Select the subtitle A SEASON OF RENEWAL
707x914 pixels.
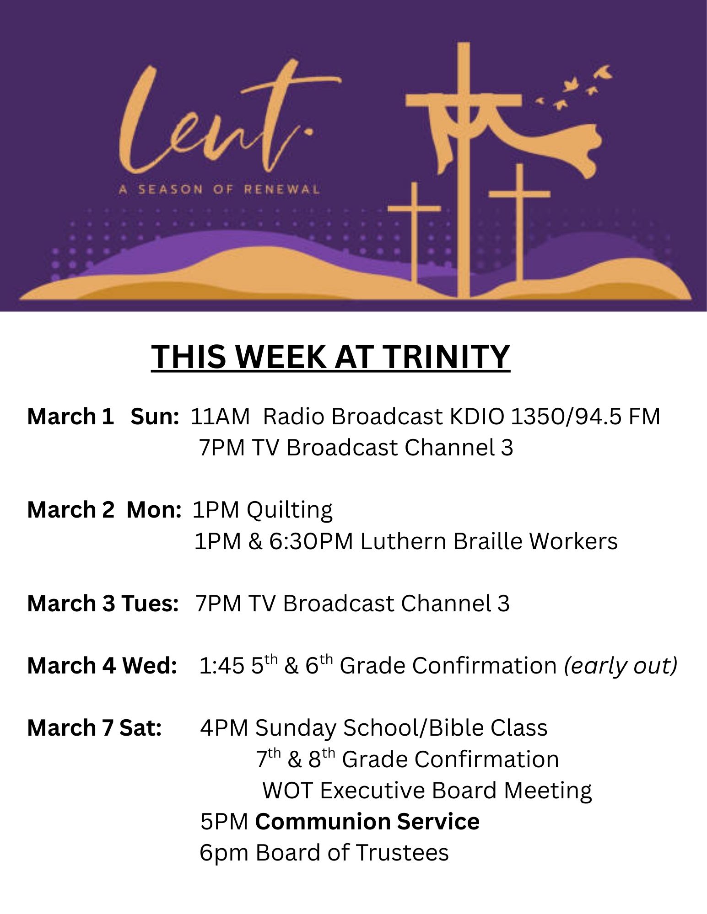(x=219, y=189)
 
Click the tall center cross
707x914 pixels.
(x=464, y=169)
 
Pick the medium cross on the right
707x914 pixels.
(x=519, y=222)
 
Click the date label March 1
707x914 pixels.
(x=70, y=417)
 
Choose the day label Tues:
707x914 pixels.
(x=150, y=604)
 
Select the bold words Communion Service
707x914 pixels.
(x=367, y=822)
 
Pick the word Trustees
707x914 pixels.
(x=402, y=853)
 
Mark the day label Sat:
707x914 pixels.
(x=140, y=728)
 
